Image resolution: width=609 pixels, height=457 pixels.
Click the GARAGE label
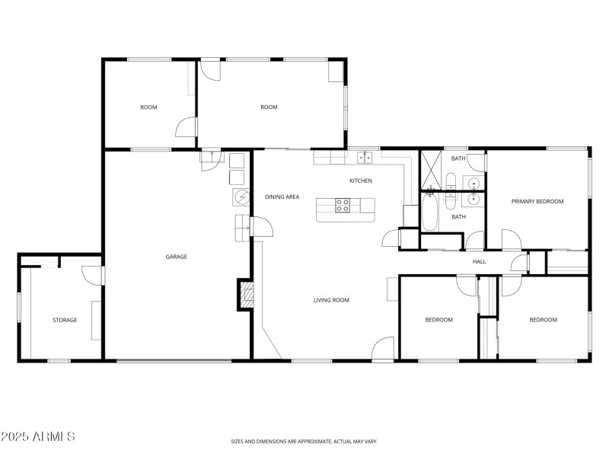[x=177, y=257]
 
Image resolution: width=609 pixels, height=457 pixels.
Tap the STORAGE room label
[x=65, y=320]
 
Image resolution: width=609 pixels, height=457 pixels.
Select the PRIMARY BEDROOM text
[x=537, y=201]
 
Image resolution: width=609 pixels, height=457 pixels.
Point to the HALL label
[x=479, y=261]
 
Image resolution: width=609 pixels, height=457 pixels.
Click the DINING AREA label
[x=282, y=197]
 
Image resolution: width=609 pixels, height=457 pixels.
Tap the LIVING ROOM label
[x=331, y=300]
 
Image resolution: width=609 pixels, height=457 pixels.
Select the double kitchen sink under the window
[x=365, y=158]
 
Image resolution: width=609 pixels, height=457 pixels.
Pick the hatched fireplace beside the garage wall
[x=246, y=294]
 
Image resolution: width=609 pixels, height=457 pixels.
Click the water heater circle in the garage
[x=242, y=197]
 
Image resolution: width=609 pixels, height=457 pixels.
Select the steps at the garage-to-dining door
[x=243, y=226]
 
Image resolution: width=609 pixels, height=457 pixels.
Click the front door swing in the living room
[x=384, y=347]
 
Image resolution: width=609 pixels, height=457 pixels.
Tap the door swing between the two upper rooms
[x=187, y=127]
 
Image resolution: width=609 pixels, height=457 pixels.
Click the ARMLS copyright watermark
[x=38, y=436]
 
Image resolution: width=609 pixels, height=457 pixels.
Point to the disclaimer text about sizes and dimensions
[x=304, y=441]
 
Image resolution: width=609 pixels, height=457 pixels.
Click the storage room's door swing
[x=91, y=274]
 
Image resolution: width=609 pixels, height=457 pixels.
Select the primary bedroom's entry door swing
[x=511, y=239]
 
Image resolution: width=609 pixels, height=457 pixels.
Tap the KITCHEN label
[x=361, y=181]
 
